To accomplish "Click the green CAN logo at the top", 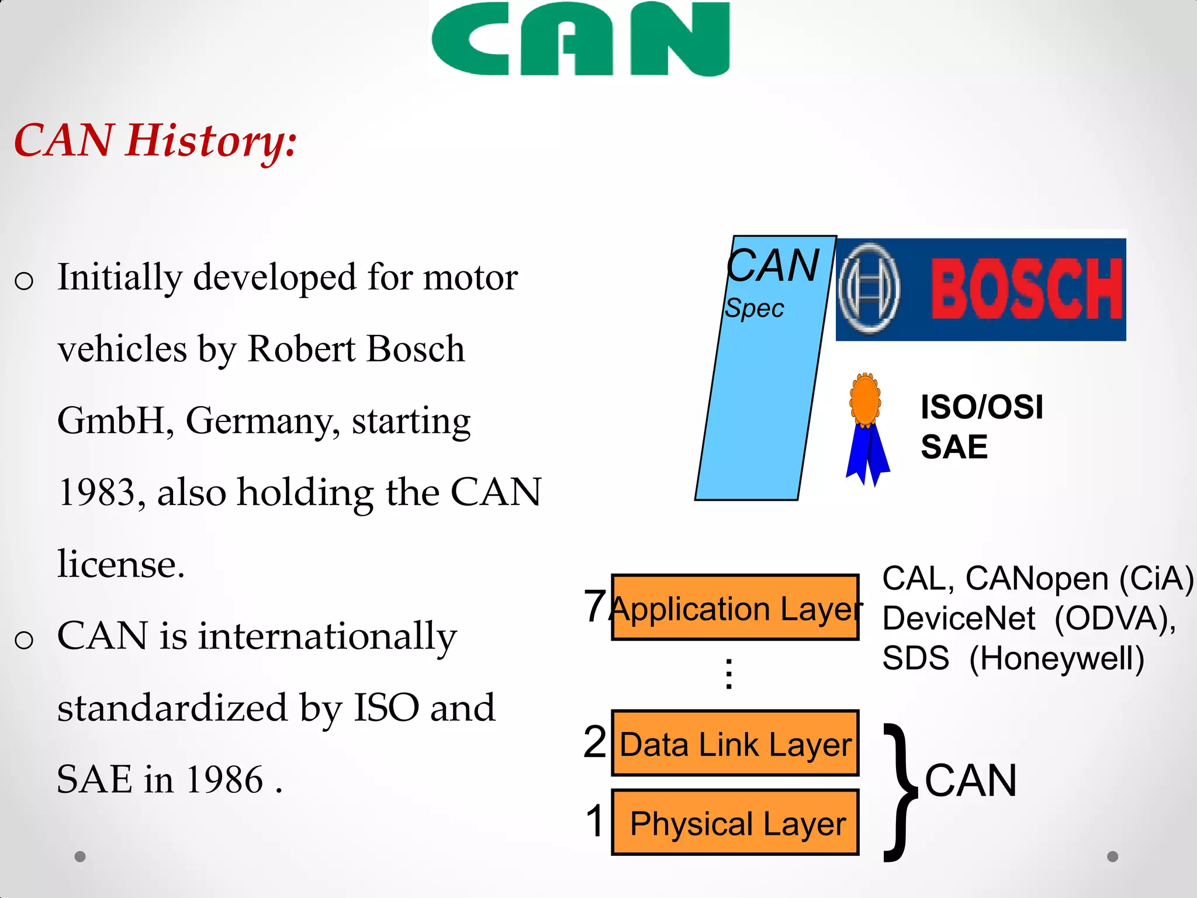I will click(x=580, y=39).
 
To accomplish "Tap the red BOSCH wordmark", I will click(x=1026, y=290).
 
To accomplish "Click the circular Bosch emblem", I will click(x=869, y=289).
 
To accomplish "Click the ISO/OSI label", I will click(x=981, y=407).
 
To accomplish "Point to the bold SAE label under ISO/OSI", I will click(x=954, y=447).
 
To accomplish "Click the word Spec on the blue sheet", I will click(x=754, y=309).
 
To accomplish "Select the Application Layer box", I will click(x=735, y=607).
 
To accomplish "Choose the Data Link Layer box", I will click(x=735, y=744).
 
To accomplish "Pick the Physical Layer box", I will click(x=735, y=823).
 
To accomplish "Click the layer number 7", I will click(x=594, y=606).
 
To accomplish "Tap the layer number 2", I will click(x=595, y=742).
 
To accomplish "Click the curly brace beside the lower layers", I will click(x=900, y=792).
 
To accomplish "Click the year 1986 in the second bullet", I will click(x=224, y=780).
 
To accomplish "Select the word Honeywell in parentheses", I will click(x=1056, y=658).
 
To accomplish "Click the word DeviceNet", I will click(x=959, y=619).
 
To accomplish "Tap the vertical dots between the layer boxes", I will click(x=729, y=674).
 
